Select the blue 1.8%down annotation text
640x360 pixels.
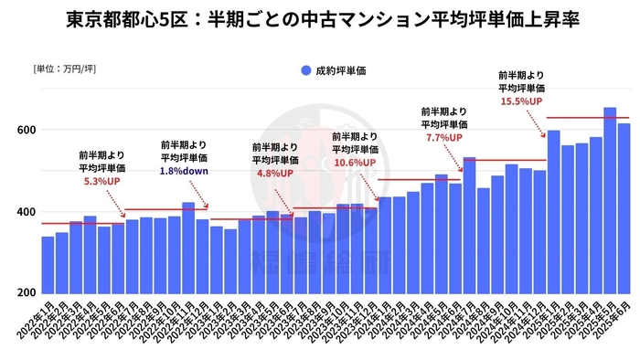pyautogui.click(x=184, y=171)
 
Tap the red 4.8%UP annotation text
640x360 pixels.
pyautogui.click(x=274, y=173)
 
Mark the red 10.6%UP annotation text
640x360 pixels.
pyautogui.click(x=355, y=163)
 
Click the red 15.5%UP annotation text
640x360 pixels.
pyautogui.click(x=521, y=101)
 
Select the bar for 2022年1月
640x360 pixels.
pyautogui.click(x=48, y=265)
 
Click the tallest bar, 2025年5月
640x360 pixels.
pyautogui.click(x=610, y=201)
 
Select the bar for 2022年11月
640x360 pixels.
pyautogui.click(x=187, y=248)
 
